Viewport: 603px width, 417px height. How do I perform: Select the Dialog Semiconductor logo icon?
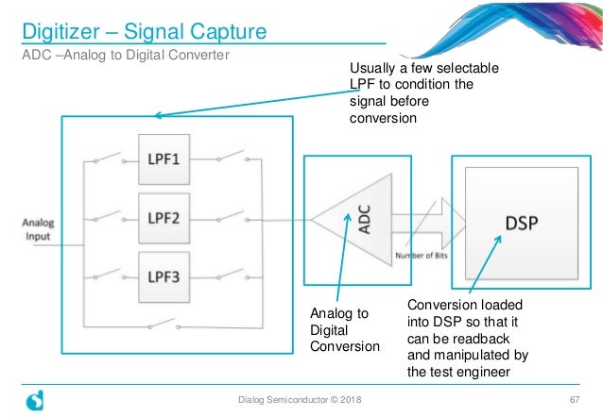click(x=33, y=401)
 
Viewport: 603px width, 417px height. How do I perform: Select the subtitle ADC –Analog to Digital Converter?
click(x=127, y=56)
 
